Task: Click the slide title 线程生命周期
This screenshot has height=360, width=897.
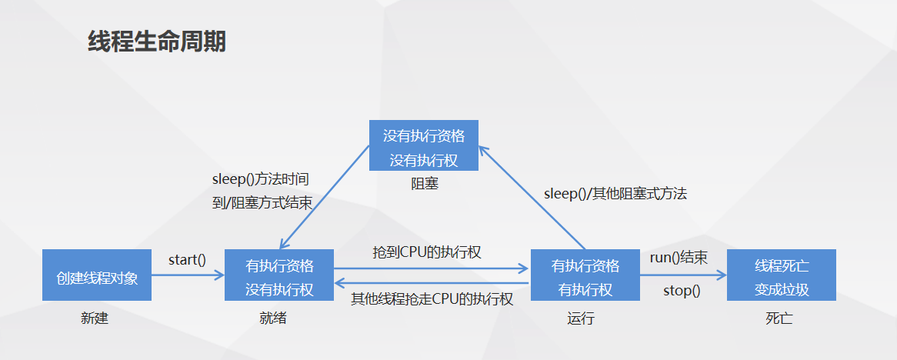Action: (x=157, y=42)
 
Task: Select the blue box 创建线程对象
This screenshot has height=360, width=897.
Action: (x=97, y=275)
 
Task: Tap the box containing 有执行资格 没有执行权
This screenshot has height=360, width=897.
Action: (x=279, y=275)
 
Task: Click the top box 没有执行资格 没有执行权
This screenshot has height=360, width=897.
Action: (x=424, y=145)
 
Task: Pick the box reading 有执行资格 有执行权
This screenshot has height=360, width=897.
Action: (x=585, y=275)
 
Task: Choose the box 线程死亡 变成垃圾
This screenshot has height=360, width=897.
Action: (x=781, y=275)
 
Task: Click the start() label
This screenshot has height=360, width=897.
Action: (x=187, y=259)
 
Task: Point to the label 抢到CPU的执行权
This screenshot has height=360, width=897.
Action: (x=427, y=252)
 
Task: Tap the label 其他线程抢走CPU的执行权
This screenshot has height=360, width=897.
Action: (x=432, y=298)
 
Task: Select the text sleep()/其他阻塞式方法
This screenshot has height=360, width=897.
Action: (x=615, y=193)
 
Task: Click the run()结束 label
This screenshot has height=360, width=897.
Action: (x=679, y=258)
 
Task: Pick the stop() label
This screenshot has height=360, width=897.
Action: (x=682, y=291)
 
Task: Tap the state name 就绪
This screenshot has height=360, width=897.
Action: (x=273, y=318)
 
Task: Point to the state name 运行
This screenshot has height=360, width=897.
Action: (x=582, y=318)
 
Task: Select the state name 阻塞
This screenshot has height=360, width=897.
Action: (x=425, y=184)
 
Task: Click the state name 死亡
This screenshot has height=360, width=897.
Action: (x=779, y=318)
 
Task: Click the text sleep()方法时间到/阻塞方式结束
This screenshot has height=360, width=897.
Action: (x=261, y=192)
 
